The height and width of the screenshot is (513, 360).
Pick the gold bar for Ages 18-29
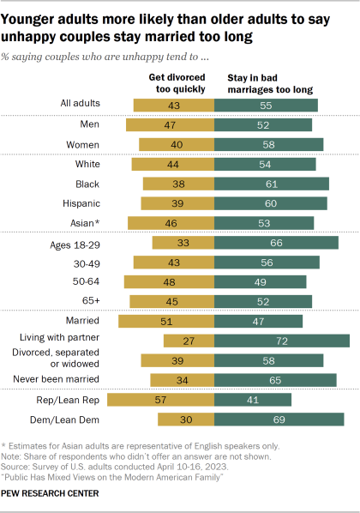coord(183,243)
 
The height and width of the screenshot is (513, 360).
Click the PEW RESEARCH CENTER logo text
coord(60,495)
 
